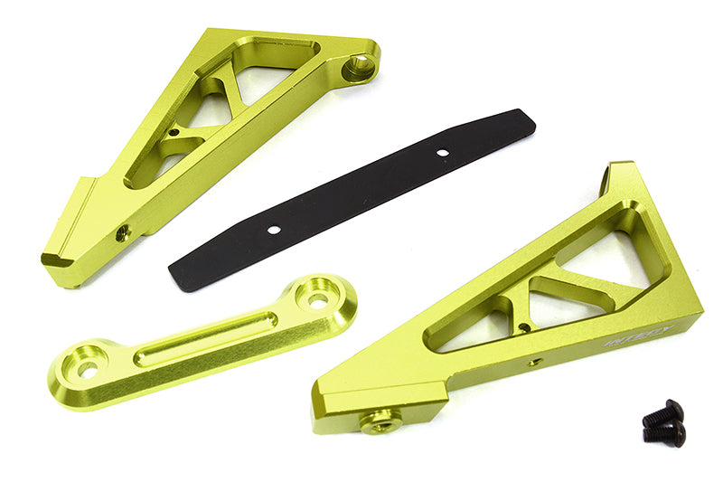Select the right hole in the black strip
[x=442, y=153]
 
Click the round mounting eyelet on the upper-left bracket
[x=359, y=67]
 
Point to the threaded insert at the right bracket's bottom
[x=380, y=420]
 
